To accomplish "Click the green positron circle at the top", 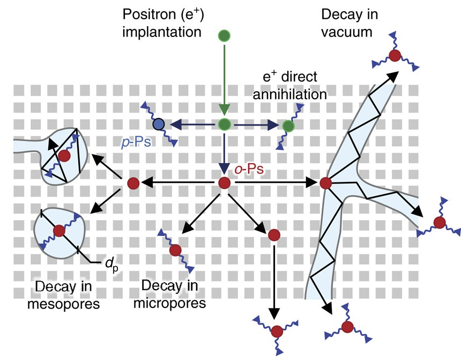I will coord(225,36).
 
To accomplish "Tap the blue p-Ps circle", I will coord(158,125).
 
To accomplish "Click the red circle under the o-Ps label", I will coord(225,183).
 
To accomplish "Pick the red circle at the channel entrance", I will coord(325,183).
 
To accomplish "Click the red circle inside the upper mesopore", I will coord(65,156).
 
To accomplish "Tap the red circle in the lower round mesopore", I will coord(59,231).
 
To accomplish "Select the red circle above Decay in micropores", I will coord(175,250).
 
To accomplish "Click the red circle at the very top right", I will coord(395,55).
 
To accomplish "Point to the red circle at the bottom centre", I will coord(276,330).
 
